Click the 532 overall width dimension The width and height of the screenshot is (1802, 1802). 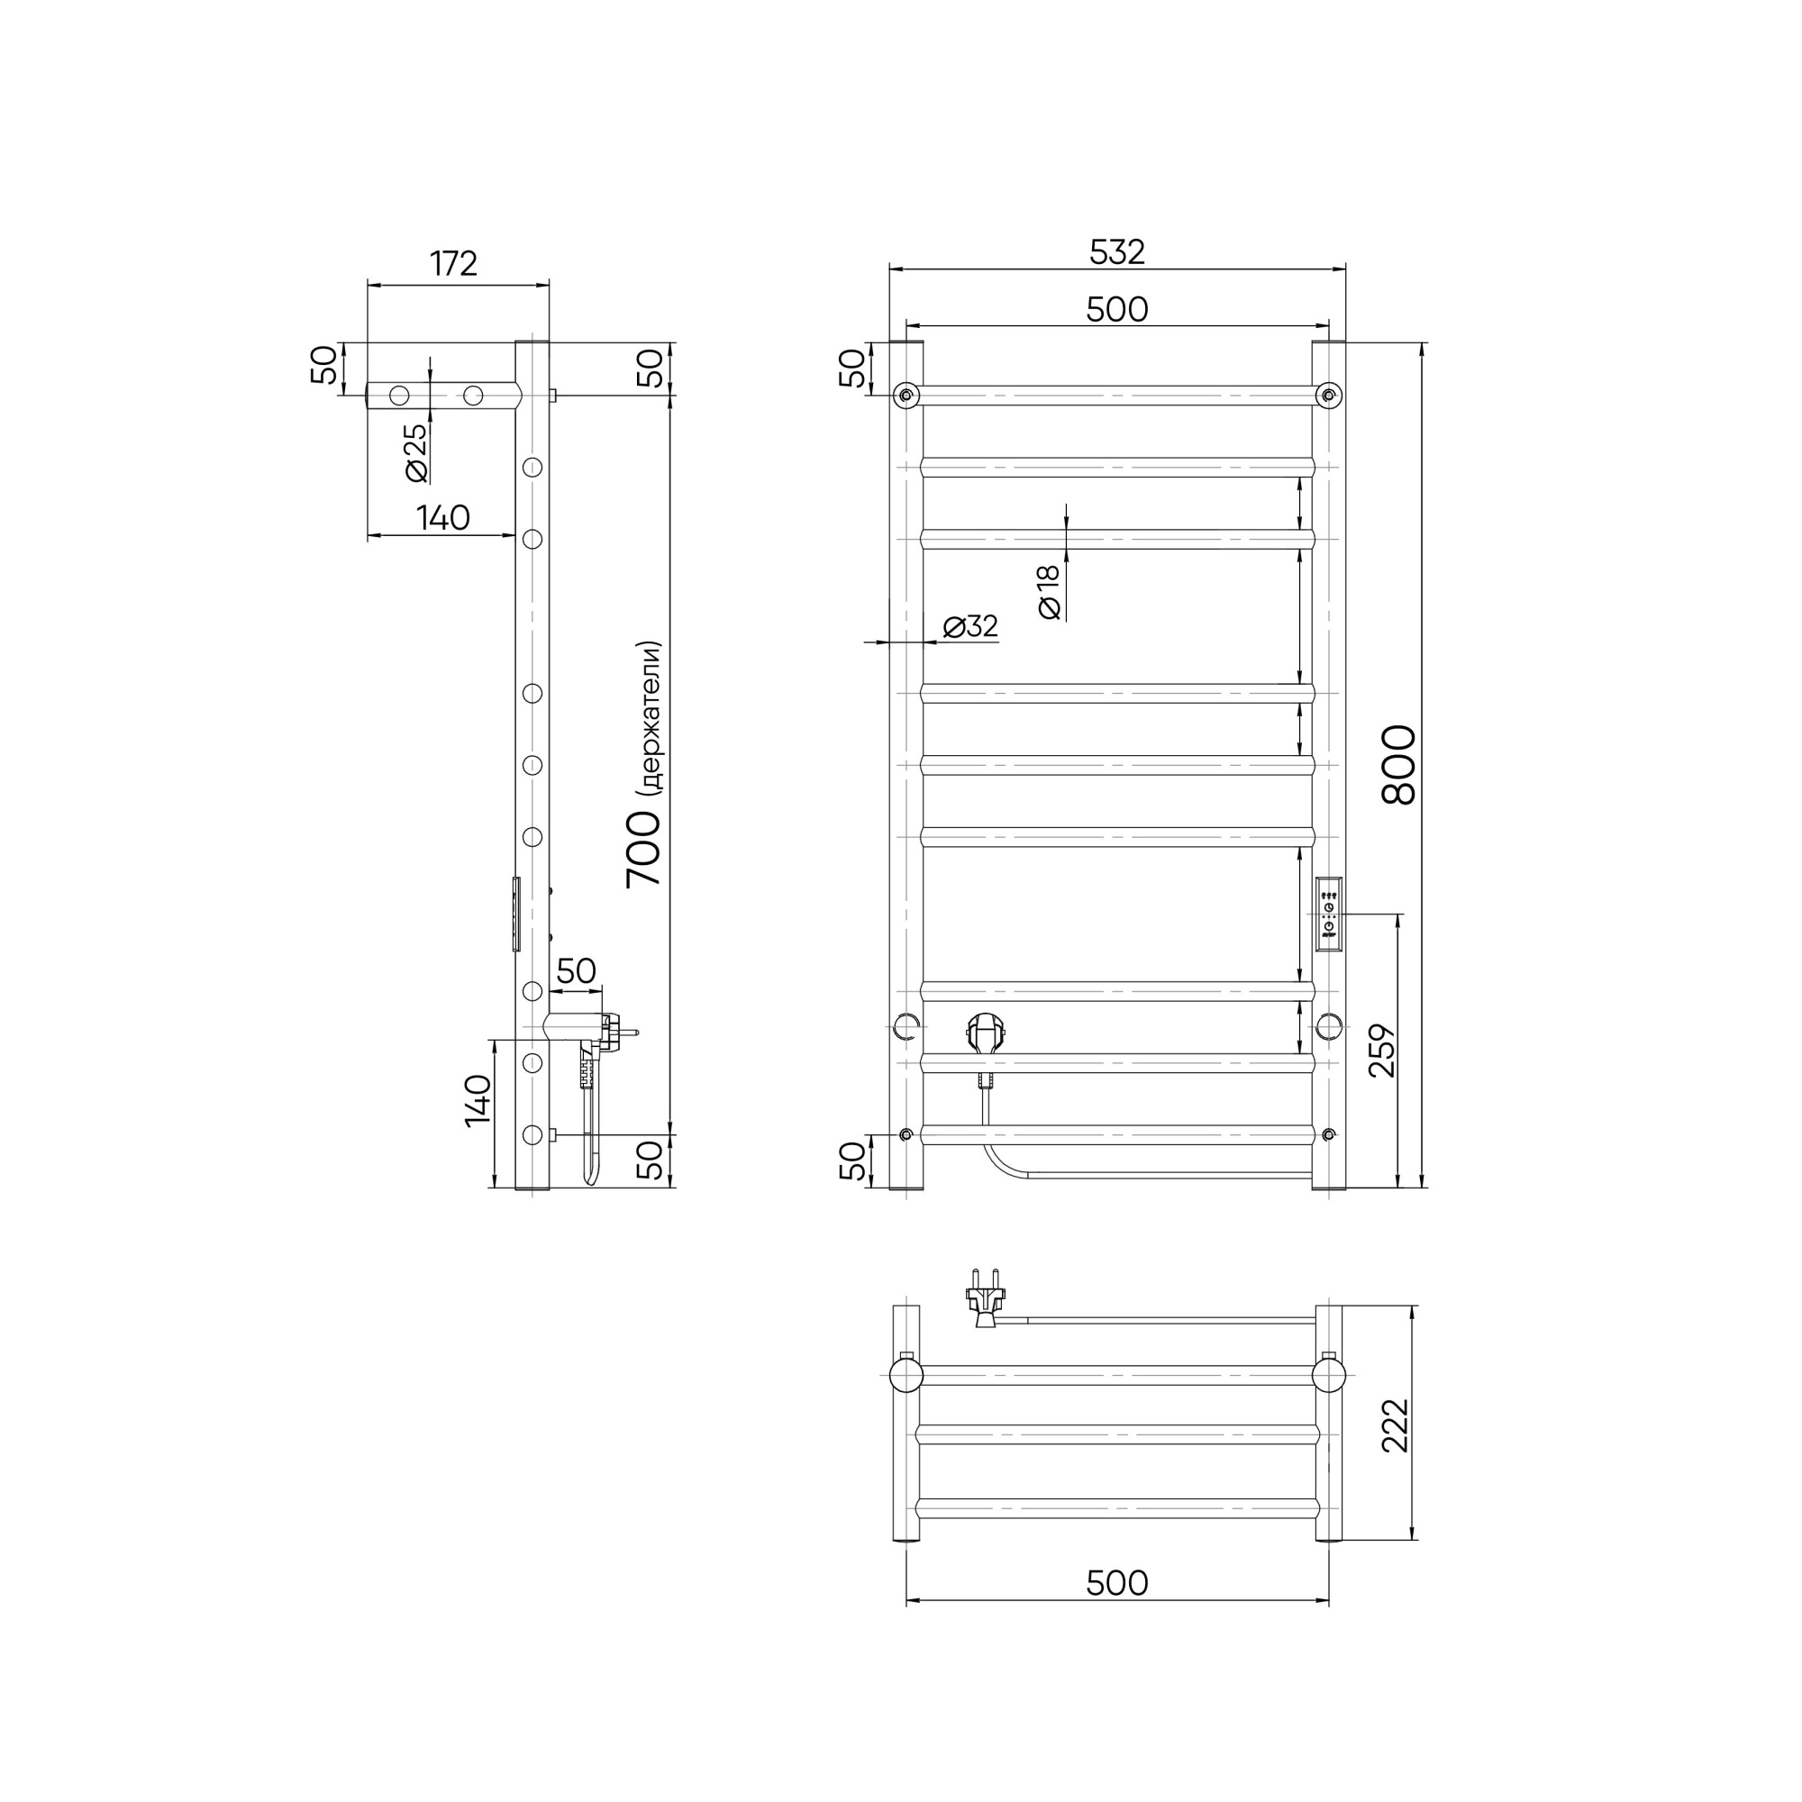point(1116,252)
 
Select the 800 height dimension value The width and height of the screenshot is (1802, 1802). point(1399,765)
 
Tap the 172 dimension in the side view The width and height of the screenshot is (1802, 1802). point(453,264)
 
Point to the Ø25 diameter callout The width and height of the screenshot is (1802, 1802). point(416,452)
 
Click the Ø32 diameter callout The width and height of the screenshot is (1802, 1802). point(970,626)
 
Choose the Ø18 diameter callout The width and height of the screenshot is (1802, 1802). point(1050,592)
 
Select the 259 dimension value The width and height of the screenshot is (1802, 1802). point(1382,1051)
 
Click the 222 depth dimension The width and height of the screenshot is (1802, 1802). point(1396,1425)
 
